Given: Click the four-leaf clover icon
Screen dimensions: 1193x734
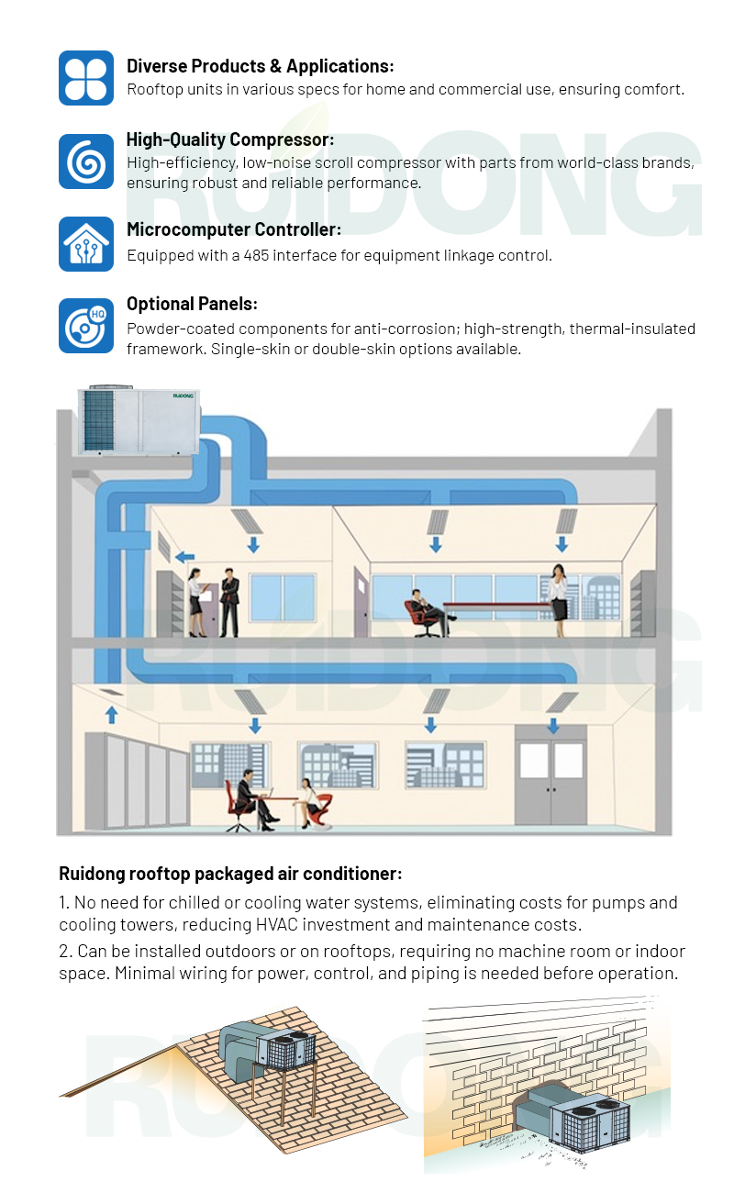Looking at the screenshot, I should [86, 77].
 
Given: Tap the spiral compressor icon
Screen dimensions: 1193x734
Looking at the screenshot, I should [86, 162].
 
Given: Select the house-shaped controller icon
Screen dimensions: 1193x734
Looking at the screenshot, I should [86, 244].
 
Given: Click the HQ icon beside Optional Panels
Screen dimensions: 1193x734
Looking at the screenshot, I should [86, 326].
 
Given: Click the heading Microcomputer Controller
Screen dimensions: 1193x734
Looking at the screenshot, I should [233, 229].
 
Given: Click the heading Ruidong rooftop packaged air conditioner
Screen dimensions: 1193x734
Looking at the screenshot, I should [230, 874].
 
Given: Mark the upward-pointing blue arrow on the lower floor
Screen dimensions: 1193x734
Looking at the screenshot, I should [112, 713].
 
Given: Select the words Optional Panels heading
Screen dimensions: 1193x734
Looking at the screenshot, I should [192, 305].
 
